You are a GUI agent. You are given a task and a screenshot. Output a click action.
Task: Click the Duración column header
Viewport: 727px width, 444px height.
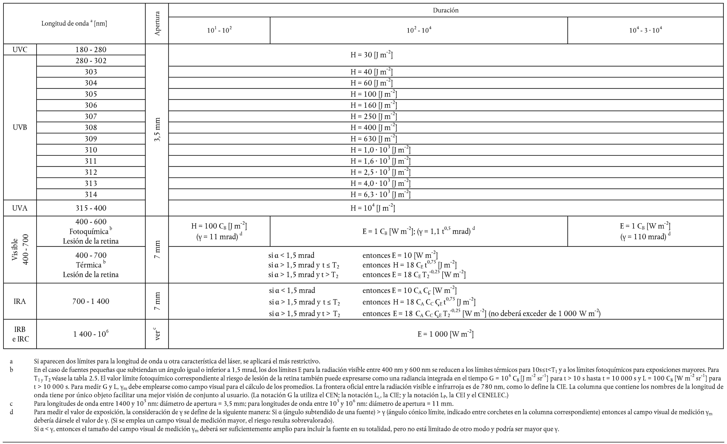445,10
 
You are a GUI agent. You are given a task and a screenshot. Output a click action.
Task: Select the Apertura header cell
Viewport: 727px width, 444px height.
157,24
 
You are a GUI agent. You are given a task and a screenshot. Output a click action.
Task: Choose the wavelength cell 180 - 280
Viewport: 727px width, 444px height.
91,50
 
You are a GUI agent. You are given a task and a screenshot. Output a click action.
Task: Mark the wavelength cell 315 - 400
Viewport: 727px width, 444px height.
91,208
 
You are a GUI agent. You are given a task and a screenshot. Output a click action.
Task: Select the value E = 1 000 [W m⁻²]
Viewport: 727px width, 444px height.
445,334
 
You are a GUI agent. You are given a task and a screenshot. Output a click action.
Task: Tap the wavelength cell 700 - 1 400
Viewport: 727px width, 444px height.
91,301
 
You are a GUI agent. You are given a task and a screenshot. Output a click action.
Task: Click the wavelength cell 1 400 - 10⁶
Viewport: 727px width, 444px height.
91,334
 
